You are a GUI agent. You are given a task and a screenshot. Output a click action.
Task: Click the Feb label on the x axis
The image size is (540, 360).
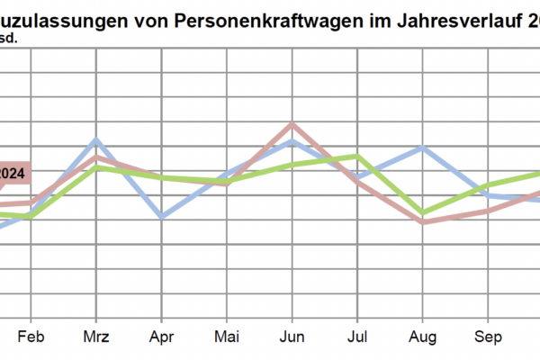point(31,338)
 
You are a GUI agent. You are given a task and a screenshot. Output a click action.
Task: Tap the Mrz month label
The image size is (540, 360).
point(96,338)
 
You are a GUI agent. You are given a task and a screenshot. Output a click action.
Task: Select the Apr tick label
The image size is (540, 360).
point(161,338)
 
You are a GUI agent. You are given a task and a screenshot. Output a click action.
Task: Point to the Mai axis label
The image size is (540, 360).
point(227,338)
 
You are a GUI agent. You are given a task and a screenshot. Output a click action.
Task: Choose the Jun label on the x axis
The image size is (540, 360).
point(292,338)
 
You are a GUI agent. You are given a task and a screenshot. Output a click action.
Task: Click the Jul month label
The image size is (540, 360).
point(357,338)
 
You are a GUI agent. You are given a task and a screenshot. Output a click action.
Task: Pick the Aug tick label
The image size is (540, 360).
point(422,338)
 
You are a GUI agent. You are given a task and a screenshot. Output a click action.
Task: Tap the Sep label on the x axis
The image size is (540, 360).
point(487,338)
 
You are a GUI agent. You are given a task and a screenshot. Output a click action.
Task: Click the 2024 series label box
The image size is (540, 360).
point(14,174)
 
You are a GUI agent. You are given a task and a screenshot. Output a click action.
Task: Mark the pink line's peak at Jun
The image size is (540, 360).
point(292,125)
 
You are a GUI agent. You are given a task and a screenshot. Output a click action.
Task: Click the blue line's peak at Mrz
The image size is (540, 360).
point(96,140)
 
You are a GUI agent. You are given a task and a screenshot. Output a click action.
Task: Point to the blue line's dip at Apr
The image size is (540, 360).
point(161,217)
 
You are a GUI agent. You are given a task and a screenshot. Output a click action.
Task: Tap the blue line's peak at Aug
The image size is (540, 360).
point(422,147)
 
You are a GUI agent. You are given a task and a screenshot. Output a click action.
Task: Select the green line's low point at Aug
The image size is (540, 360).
point(422,213)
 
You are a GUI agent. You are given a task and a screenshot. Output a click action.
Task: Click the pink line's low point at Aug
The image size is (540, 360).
point(422,221)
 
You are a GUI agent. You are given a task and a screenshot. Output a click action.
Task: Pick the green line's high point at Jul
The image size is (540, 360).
point(357,157)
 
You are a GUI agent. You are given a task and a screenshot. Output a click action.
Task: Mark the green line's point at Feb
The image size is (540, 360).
point(31,216)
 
